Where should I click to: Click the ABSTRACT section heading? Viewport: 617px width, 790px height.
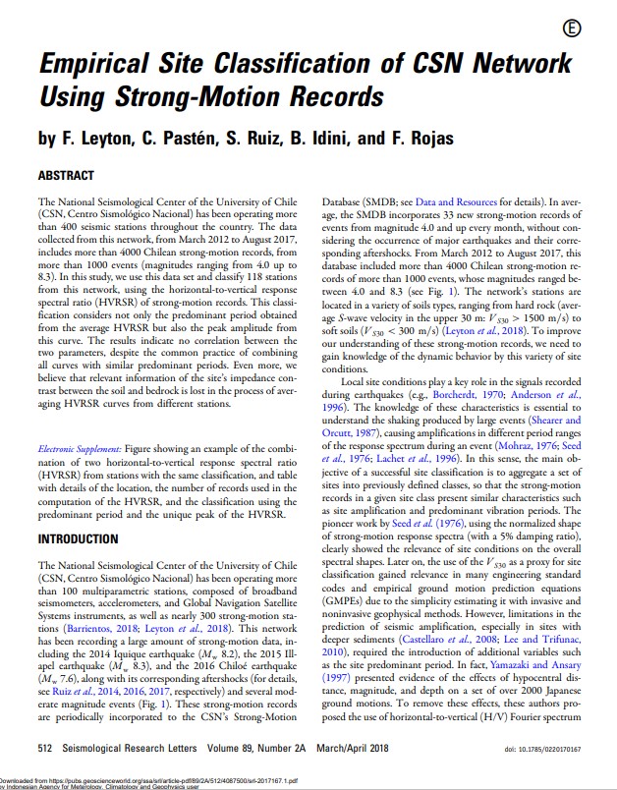click(x=66, y=176)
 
